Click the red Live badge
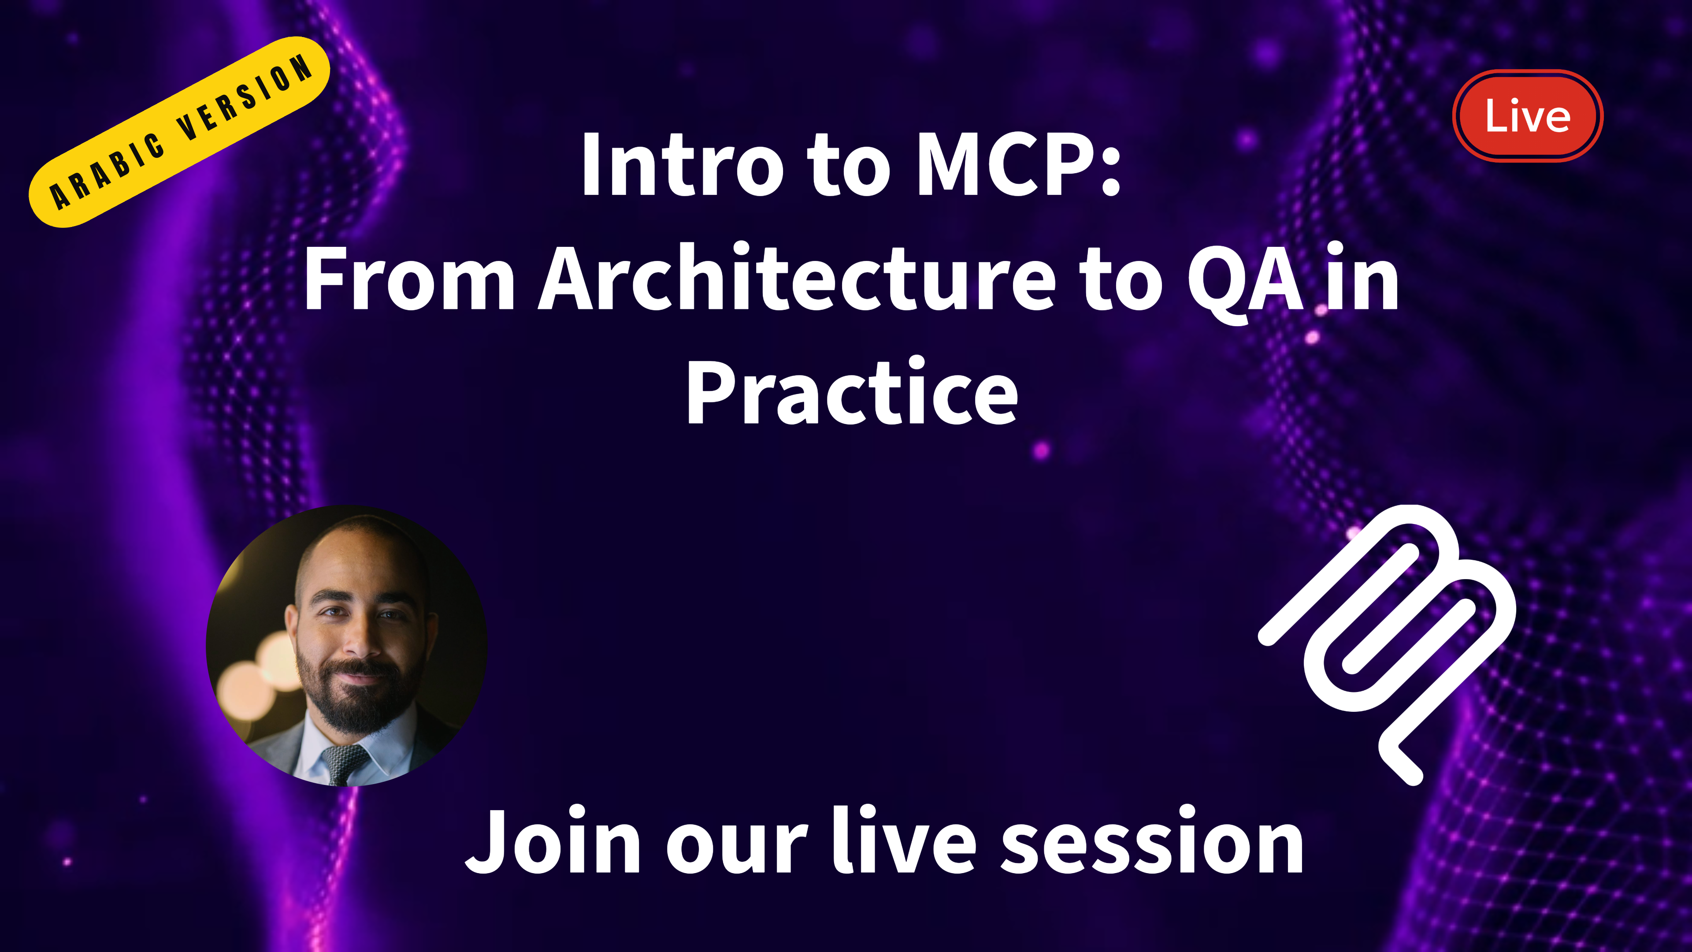(1527, 115)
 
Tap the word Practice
(851, 392)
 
